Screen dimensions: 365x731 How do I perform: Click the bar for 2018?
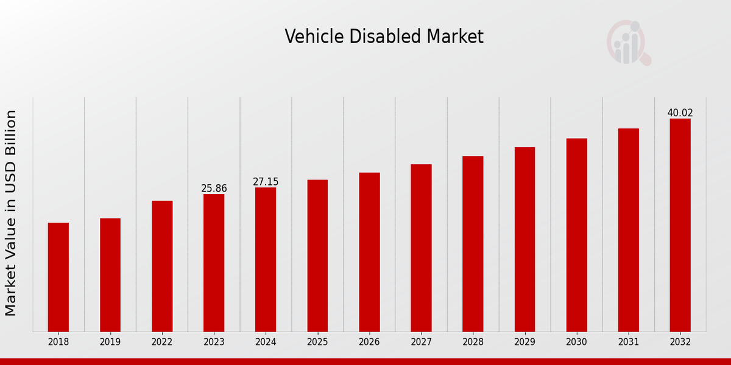tap(58, 277)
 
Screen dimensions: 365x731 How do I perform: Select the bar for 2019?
tap(110, 274)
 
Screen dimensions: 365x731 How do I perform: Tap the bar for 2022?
tap(162, 266)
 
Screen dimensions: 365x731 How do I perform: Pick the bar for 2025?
tap(317, 255)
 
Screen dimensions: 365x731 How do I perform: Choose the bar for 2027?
tap(421, 248)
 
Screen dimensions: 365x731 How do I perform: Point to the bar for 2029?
tap(524, 239)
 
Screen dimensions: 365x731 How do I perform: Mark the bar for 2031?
tap(629, 230)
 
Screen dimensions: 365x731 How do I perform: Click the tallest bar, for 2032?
tap(680, 225)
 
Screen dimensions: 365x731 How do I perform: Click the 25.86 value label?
tap(214, 189)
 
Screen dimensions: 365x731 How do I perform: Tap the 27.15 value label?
tap(266, 182)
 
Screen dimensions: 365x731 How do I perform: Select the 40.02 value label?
tap(680, 113)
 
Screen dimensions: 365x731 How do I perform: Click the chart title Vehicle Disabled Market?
tap(384, 37)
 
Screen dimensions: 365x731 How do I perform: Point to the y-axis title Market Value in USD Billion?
tap(11, 213)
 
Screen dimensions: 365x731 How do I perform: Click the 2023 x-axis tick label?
tap(214, 342)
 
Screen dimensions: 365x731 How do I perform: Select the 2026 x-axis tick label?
tap(369, 342)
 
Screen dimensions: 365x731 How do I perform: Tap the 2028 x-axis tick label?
tap(473, 342)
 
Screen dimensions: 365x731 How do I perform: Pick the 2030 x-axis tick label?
tap(577, 342)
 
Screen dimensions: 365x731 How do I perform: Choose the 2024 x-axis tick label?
tap(266, 342)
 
